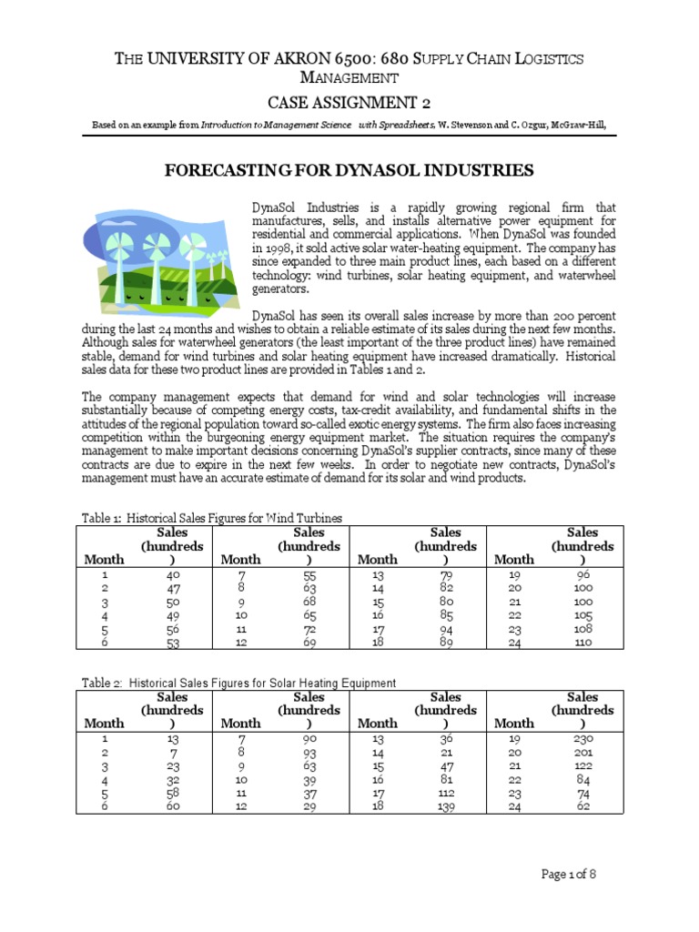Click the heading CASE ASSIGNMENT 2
pyautogui.click(x=349, y=101)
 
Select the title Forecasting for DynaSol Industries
pyautogui.click(x=348, y=171)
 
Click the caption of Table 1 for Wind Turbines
pyautogui.click(x=212, y=518)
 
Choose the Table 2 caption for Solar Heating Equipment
pyautogui.click(x=238, y=683)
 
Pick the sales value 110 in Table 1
pyautogui.click(x=583, y=642)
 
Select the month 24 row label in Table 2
pyautogui.click(x=513, y=806)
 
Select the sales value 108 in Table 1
pyautogui.click(x=583, y=628)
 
